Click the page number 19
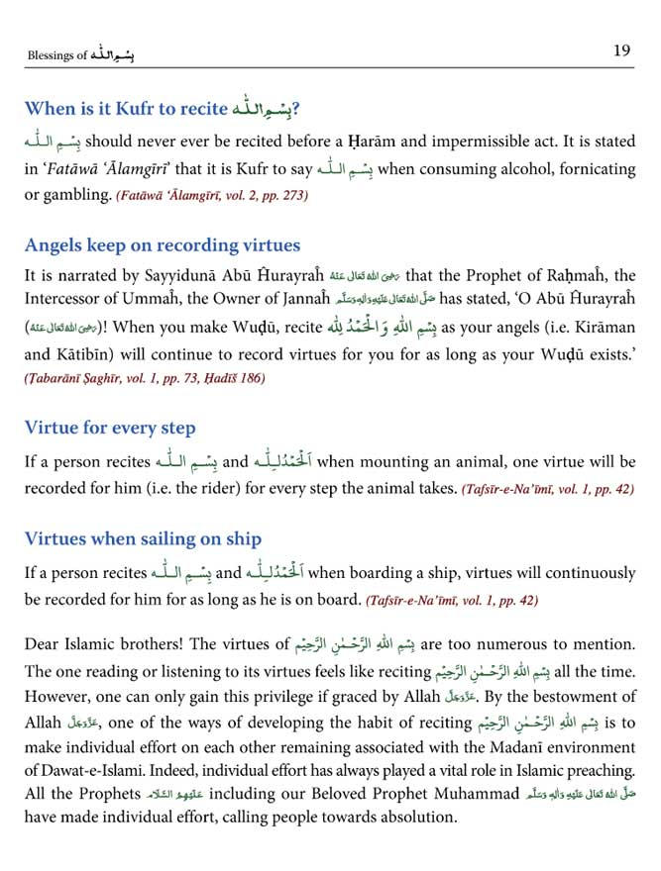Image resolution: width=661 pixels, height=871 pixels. click(x=621, y=51)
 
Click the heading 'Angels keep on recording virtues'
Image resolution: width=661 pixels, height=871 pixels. click(x=163, y=245)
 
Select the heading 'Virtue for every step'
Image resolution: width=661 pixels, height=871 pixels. click(x=110, y=428)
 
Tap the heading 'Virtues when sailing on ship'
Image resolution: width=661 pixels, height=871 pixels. click(x=143, y=538)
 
